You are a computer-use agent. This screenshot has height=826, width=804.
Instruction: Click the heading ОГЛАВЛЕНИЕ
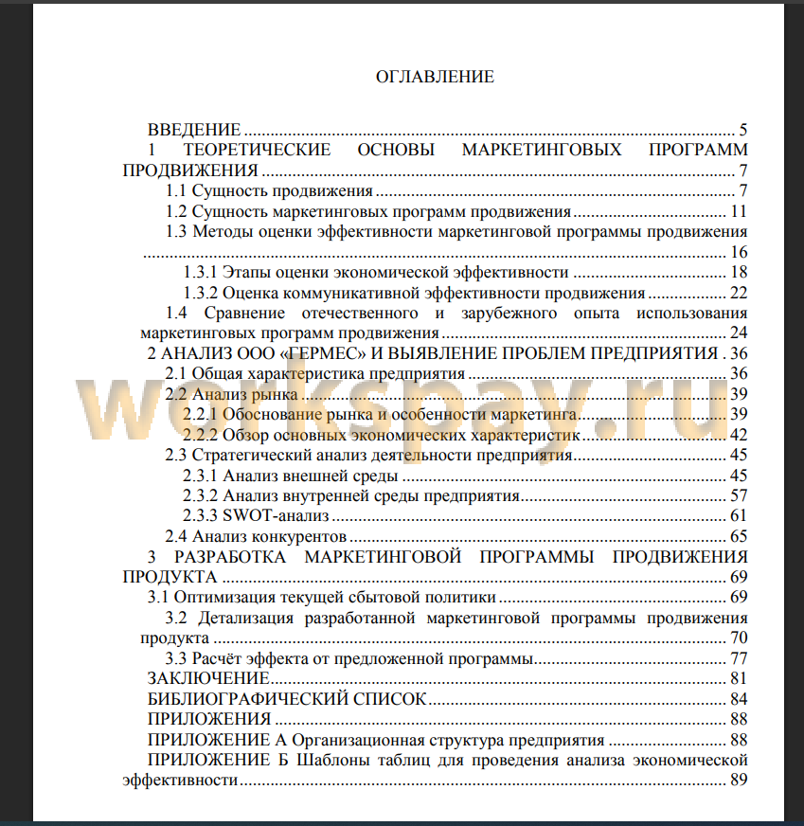point(435,77)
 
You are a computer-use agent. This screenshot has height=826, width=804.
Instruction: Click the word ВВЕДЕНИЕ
point(194,130)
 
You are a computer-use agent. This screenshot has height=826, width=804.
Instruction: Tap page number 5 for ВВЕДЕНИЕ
point(743,130)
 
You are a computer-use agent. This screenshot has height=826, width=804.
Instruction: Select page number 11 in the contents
point(740,211)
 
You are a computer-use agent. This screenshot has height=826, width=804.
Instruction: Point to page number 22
point(740,293)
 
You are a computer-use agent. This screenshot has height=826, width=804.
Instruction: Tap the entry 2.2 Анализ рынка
point(232,394)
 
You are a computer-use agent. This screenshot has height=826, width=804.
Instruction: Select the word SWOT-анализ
point(276,516)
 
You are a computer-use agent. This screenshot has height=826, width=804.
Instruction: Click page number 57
point(740,495)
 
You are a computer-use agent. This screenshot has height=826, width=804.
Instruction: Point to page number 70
point(740,638)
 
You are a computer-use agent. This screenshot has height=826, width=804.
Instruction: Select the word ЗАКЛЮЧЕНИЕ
point(207,679)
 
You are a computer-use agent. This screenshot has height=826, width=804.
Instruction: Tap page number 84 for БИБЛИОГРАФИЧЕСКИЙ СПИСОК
point(740,699)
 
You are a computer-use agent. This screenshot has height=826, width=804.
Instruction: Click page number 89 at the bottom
point(740,781)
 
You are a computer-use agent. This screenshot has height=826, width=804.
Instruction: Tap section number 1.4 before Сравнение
point(177,314)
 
